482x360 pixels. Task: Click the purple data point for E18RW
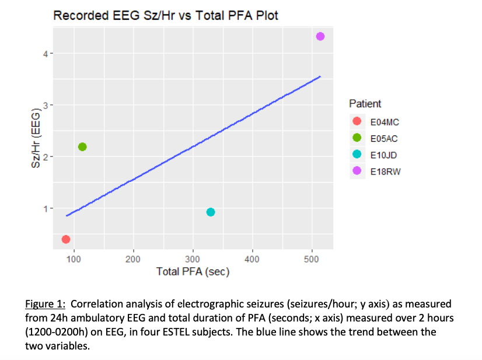click(x=320, y=37)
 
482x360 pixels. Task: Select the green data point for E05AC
click(x=82, y=146)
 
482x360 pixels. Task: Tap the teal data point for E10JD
click(x=211, y=212)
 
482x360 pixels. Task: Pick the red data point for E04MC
click(x=66, y=239)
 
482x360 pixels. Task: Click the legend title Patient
click(x=365, y=104)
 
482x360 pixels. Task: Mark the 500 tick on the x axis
click(x=312, y=259)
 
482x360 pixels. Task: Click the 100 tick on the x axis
click(x=74, y=259)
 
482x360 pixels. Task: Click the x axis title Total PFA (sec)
click(x=193, y=271)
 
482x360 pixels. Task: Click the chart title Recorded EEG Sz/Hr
click(x=166, y=16)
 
